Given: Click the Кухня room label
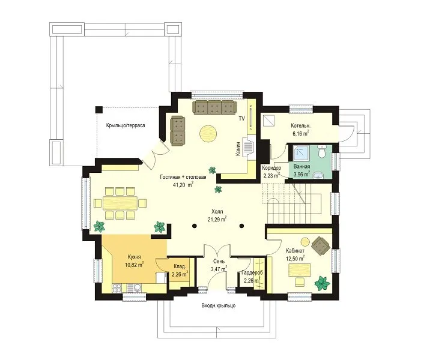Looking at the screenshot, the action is (x=135, y=257).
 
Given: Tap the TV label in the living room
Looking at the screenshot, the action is (x=241, y=119).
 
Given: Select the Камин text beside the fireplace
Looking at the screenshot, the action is (x=237, y=149).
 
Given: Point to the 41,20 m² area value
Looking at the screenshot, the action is (x=183, y=185).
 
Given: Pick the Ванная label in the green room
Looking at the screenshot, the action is (x=301, y=167).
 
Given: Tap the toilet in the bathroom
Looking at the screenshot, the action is (x=321, y=152).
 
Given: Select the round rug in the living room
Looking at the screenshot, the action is (x=208, y=134).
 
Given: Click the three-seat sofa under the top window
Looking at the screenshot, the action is (x=214, y=108).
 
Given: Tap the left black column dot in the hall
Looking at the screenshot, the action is (x=194, y=226).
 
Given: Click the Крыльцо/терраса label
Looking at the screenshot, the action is (x=126, y=125).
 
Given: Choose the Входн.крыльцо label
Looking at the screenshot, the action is (x=219, y=305).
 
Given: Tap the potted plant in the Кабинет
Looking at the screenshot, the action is (x=323, y=283).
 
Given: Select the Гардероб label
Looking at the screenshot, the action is (x=252, y=272).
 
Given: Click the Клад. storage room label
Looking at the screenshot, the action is (x=180, y=266).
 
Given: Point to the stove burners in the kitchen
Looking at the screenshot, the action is (x=117, y=288).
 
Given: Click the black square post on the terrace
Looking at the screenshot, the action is (x=99, y=109).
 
